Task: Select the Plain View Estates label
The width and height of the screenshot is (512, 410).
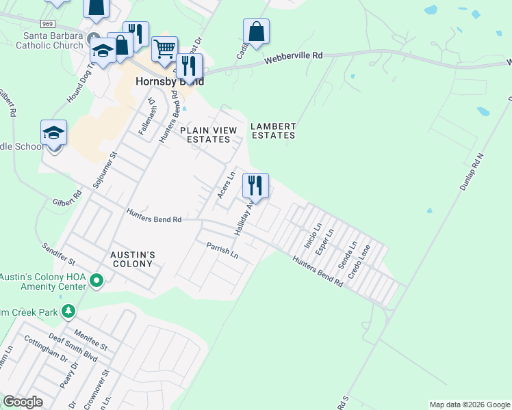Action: point(208,135)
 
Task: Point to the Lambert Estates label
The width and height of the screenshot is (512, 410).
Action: point(273,131)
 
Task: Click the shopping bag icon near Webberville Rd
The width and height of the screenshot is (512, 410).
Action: point(256,32)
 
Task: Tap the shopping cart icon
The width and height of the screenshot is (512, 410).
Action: point(164,49)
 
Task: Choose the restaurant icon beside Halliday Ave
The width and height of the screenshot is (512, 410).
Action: point(255,185)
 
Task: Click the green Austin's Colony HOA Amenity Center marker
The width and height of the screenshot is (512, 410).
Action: point(97,279)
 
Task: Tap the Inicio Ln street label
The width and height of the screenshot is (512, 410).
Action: point(313,236)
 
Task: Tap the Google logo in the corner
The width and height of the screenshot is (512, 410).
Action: point(23,402)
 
